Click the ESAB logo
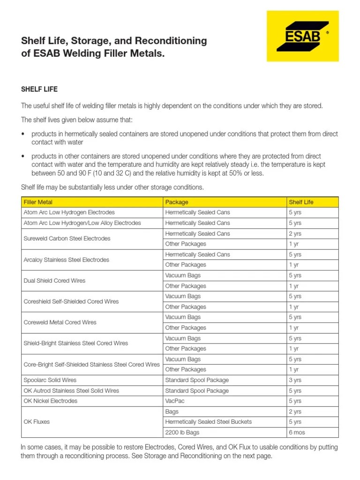(302, 36)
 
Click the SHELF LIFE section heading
(39, 89)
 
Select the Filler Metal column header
(38, 202)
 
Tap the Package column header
(177, 202)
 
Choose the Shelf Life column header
(301, 202)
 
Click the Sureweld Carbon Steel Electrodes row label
(67, 239)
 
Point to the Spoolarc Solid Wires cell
(50, 380)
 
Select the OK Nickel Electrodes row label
(51, 401)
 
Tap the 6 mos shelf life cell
(297, 432)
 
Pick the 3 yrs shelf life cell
(295, 380)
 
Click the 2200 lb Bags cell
(182, 432)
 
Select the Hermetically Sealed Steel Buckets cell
(209, 422)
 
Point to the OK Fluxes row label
(37, 422)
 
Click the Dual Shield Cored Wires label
(54, 281)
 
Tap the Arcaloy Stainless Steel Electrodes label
(66, 260)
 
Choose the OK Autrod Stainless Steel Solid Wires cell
(71, 390)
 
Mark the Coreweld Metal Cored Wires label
(60, 322)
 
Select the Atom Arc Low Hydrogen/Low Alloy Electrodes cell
(82, 223)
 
